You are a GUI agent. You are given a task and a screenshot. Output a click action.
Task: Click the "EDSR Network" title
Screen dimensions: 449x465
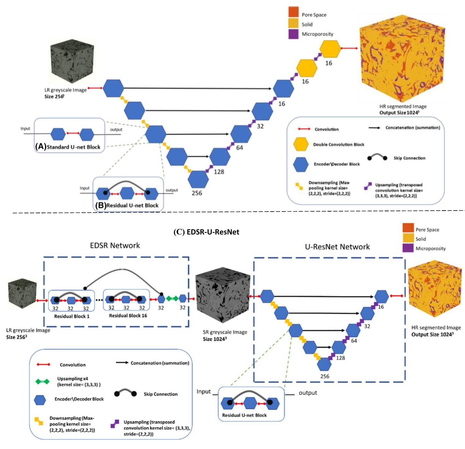coord(115,246)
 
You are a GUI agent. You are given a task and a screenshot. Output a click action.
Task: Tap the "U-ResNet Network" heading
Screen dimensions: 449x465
coord(337,247)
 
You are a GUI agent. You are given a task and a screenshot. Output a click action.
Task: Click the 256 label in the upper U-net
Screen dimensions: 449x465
coord(197,193)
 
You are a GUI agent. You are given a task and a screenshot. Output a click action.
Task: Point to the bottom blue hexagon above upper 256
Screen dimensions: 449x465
coord(198,180)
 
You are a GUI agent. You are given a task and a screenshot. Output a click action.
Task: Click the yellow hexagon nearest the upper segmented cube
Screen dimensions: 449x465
coord(330,49)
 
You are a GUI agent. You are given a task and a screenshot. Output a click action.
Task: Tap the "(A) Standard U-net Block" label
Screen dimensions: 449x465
coord(68,147)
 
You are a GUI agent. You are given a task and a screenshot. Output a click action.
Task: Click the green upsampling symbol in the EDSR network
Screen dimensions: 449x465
coord(172,298)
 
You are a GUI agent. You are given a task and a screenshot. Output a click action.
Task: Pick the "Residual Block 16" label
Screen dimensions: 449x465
coord(128,316)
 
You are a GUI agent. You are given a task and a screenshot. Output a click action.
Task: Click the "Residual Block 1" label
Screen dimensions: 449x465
coord(72,316)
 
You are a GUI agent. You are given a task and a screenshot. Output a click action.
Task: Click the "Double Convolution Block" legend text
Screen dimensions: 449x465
coord(338,145)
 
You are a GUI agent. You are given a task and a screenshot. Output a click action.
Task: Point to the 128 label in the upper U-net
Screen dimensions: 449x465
coord(219,172)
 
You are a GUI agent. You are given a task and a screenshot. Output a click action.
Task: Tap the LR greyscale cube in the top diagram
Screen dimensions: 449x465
coord(68,65)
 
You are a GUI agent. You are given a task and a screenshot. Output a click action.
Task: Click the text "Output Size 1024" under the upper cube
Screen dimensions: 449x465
coord(399,112)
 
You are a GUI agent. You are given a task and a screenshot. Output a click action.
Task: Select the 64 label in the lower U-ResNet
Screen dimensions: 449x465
coord(354,341)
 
